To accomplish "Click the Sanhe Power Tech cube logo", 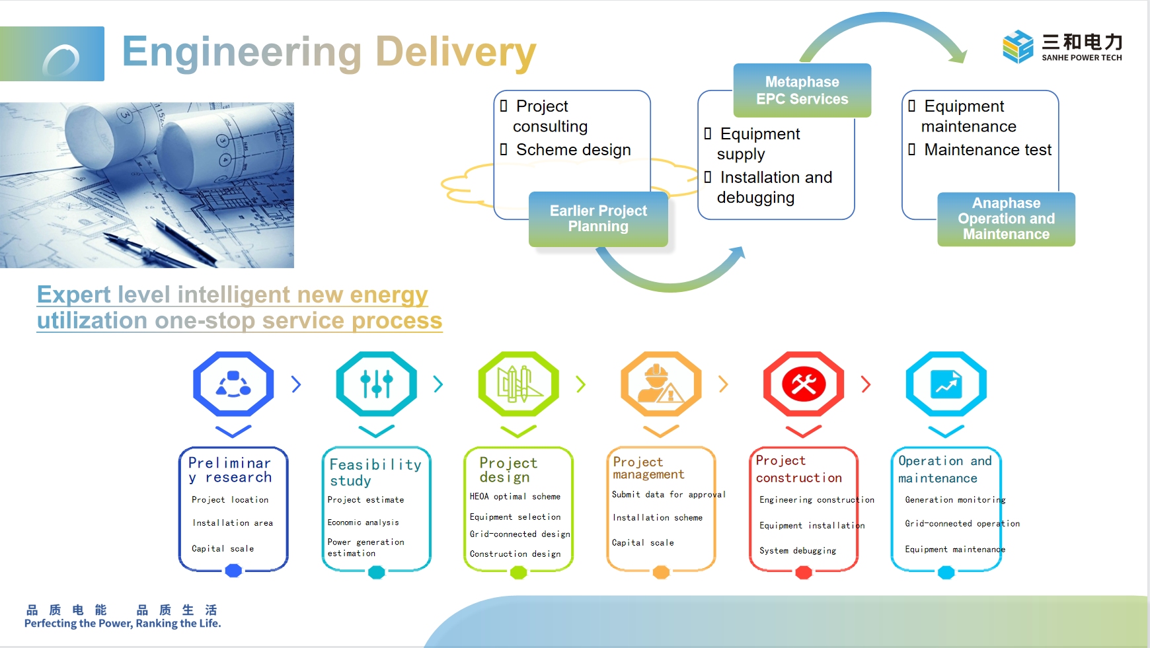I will tap(1017, 46).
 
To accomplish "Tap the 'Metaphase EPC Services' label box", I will tap(802, 90).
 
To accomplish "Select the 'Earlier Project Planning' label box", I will tap(598, 219).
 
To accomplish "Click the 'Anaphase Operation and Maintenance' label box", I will tap(1006, 219).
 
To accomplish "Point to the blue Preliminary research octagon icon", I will tap(233, 384).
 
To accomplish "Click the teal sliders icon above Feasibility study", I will tap(376, 384).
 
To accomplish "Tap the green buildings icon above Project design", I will tap(519, 384).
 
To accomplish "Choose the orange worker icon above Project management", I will tap(661, 384).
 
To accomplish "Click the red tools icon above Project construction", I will tap(804, 384).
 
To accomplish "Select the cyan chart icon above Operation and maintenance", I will tap(946, 384).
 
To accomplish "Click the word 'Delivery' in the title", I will tap(455, 52).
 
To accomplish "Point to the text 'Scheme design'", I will tap(573, 150).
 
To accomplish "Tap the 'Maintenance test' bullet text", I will tap(987, 150).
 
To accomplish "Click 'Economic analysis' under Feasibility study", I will tap(364, 522).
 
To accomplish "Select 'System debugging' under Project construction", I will tap(798, 551).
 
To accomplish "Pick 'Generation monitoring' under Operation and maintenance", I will tap(955, 500).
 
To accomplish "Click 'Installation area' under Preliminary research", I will tap(233, 523).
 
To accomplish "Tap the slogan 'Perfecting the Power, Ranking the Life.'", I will tap(123, 624).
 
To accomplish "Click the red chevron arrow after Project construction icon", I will tap(866, 384).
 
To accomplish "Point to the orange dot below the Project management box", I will tap(661, 572).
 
